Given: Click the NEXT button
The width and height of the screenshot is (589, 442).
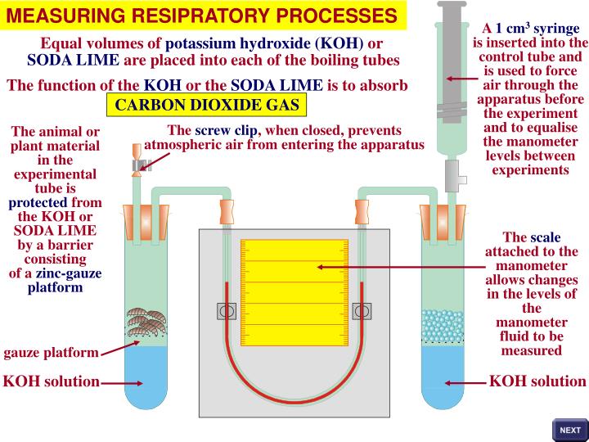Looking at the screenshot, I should [x=569, y=430].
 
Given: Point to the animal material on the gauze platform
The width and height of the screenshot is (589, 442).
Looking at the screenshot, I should [x=146, y=324].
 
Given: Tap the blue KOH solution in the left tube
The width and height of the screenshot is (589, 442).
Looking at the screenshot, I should [x=146, y=381].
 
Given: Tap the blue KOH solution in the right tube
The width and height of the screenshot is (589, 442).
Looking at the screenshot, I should [x=443, y=381].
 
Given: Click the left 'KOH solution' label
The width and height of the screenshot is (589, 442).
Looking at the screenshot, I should [x=52, y=381].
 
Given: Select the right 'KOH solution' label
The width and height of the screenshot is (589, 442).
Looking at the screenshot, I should [x=537, y=381].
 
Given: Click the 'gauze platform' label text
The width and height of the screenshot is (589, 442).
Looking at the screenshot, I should [x=52, y=353].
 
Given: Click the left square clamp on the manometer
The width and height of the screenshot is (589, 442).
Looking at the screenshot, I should [x=227, y=311].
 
